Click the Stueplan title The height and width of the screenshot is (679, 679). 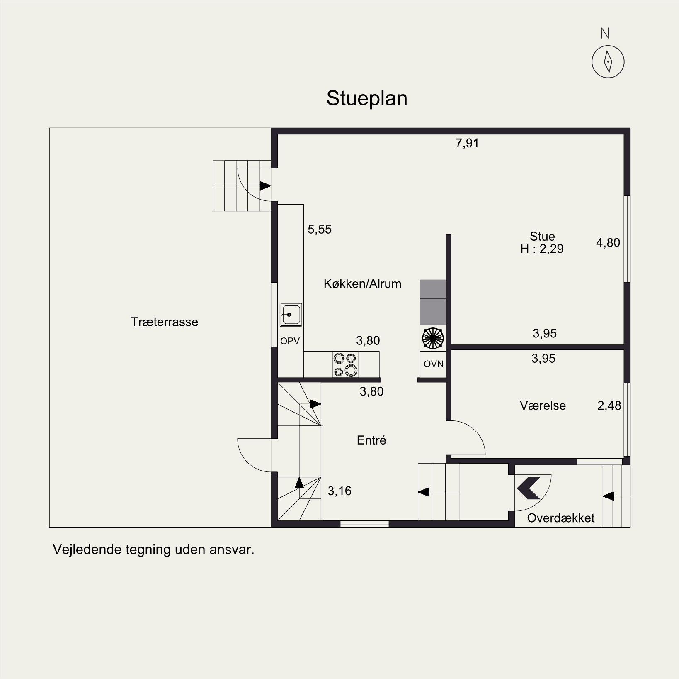pos(367,99)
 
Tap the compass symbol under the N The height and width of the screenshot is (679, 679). pos(608,61)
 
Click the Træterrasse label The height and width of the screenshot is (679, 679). pos(165,322)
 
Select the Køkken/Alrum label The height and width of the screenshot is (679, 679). pos(363,284)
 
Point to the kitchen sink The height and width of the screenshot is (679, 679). pos(291,314)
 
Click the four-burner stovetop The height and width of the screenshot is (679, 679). pos(345,364)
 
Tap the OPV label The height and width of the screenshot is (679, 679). pos(290,341)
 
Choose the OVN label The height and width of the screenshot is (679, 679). pos(434,364)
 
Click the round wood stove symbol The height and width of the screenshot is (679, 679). pos(432,337)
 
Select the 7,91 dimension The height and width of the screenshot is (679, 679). pos(467,144)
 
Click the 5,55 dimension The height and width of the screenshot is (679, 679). pos(320,230)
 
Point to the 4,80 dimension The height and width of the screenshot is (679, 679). pos(608,242)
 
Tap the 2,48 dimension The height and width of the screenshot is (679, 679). pos(609,405)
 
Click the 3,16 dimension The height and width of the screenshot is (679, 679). pos(339,491)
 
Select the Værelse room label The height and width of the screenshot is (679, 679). pos(543,405)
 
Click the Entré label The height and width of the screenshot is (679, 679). pos(371,440)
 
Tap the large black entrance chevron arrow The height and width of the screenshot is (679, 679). pos(529,487)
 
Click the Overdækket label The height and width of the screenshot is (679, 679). pos(561,518)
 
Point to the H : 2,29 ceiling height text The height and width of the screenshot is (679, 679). pos(542,249)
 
